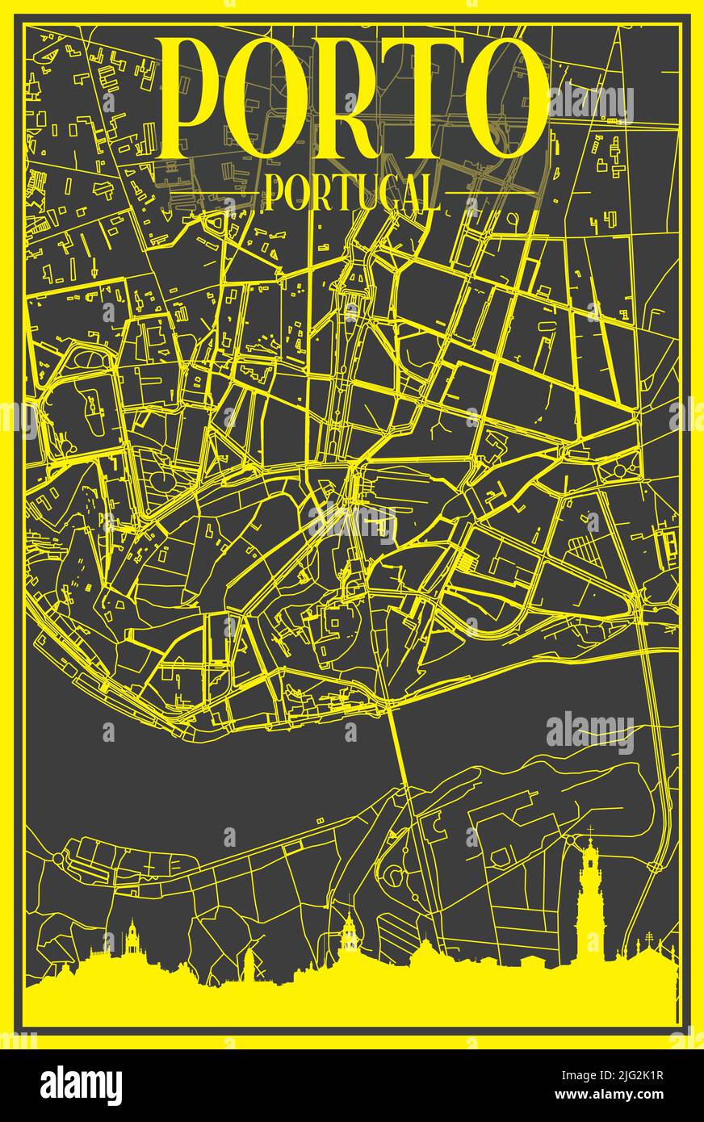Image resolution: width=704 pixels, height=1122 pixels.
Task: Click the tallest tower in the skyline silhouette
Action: point(591,904)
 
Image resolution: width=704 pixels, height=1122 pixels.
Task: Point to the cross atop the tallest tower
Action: point(591,831)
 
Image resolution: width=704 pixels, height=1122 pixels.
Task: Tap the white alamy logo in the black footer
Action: point(81,1085)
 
